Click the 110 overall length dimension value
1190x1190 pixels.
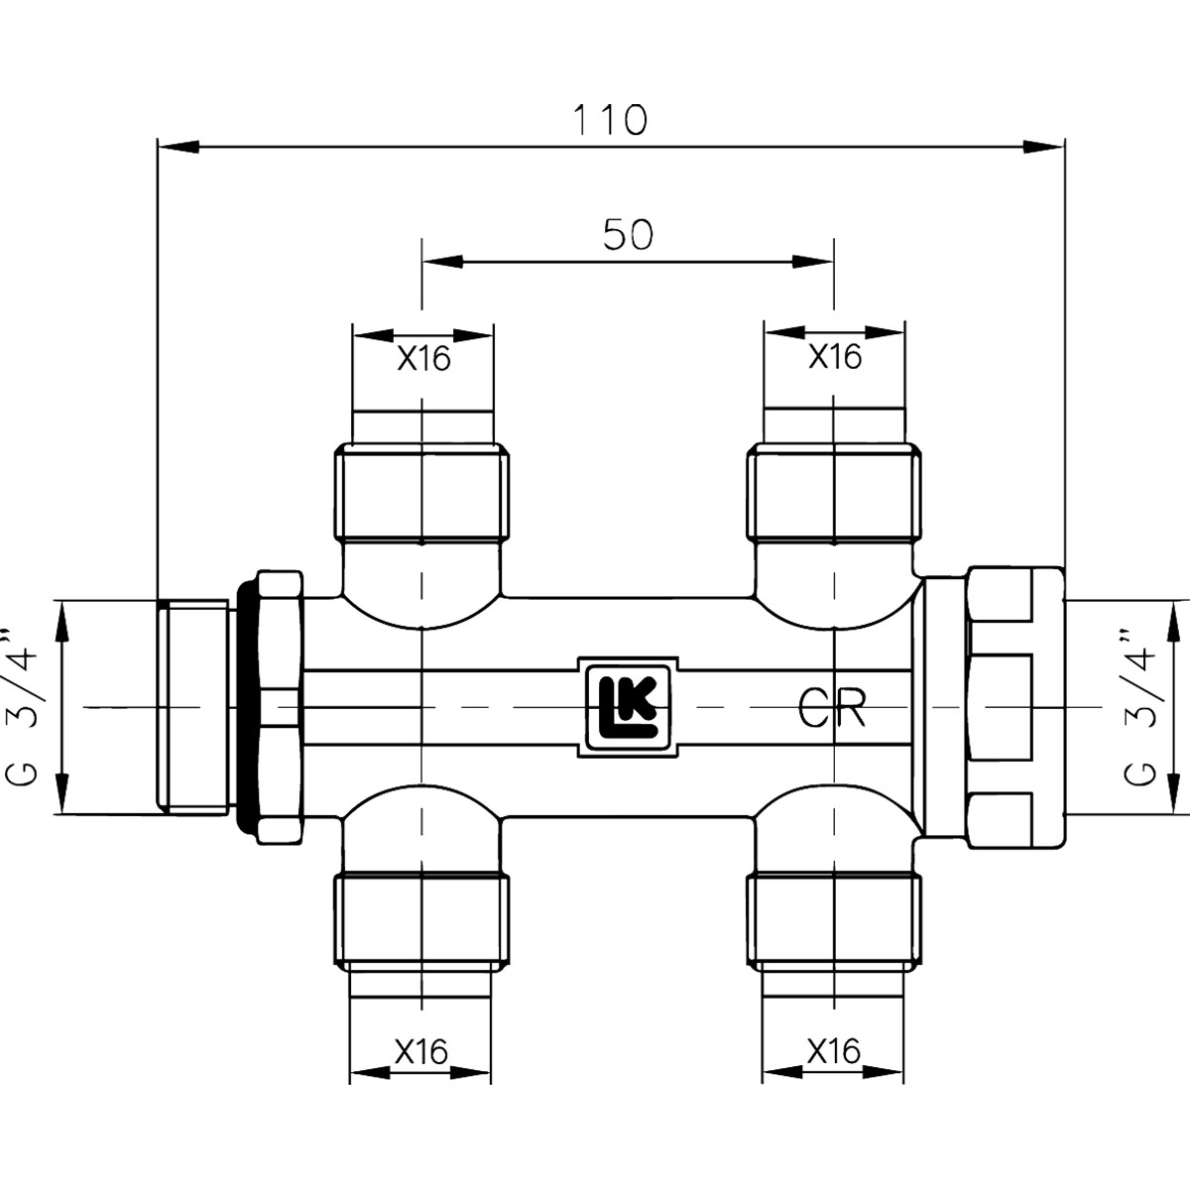click(611, 120)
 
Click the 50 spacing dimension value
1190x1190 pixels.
click(628, 235)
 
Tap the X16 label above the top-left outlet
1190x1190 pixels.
click(423, 358)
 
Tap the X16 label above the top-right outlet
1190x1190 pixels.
click(835, 356)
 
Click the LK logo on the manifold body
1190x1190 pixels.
click(628, 707)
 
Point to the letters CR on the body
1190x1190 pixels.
click(832, 708)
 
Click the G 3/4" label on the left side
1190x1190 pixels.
click(22, 708)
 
